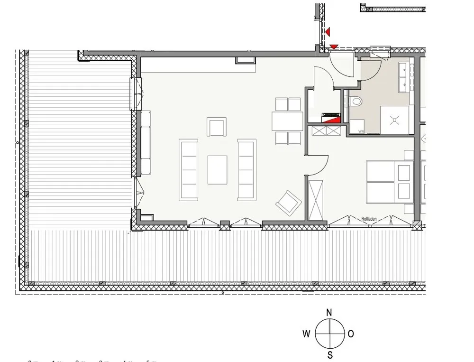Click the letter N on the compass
(x=329, y=312)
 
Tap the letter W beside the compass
(x=307, y=334)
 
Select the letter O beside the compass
(x=351, y=334)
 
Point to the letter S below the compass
(x=329, y=355)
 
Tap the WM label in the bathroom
(x=361, y=131)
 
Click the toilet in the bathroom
(x=355, y=101)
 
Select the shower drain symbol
(x=394, y=120)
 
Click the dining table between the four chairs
(x=287, y=121)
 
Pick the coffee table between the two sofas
(x=217, y=170)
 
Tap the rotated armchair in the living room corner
(x=289, y=203)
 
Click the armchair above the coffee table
(x=217, y=127)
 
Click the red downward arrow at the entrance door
(x=334, y=46)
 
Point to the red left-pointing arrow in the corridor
(x=328, y=32)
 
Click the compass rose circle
(x=329, y=334)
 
